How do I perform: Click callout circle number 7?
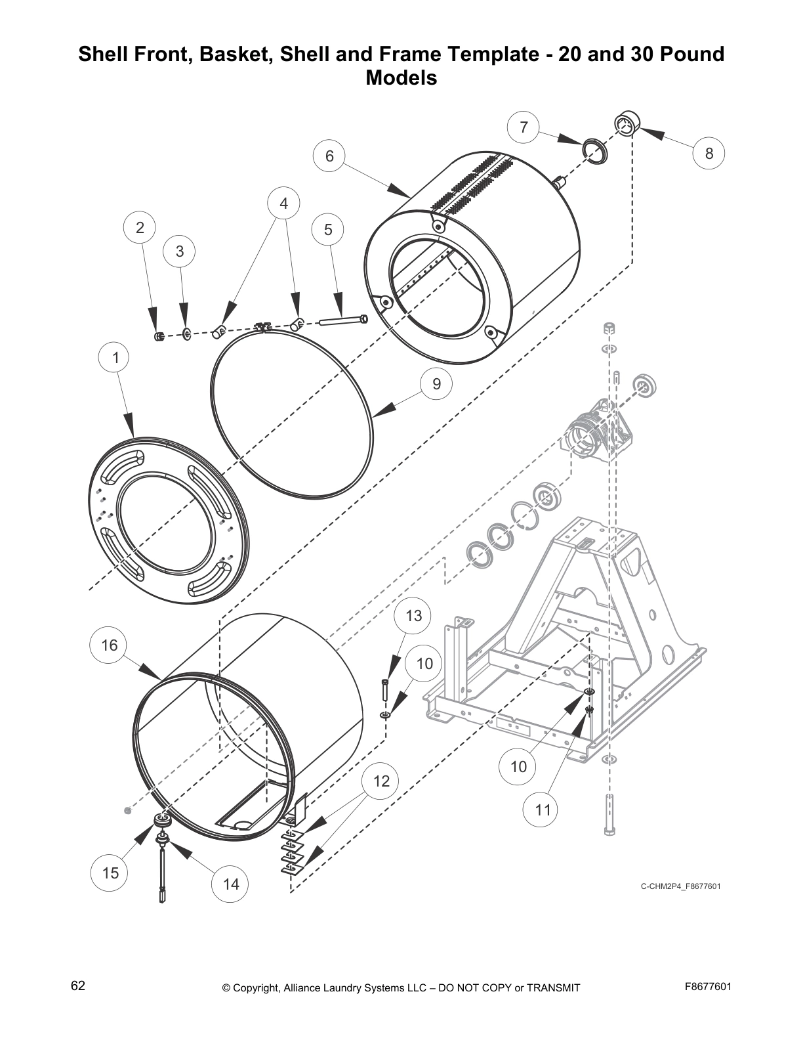click(x=524, y=127)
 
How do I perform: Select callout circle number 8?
click(x=709, y=154)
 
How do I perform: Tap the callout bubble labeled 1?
click(x=116, y=358)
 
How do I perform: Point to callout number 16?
click(x=109, y=645)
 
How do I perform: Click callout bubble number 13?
click(x=413, y=616)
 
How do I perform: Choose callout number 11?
click(x=543, y=810)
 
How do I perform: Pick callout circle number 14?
click(x=231, y=884)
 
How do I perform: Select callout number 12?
click(x=381, y=781)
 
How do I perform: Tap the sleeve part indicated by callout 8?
click(x=627, y=123)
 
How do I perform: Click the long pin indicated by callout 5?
click(x=343, y=321)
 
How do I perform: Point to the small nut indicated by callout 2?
click(x=157, y=337)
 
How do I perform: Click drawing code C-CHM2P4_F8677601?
click(x=680, y=886)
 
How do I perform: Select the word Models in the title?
click(x=401, y=78)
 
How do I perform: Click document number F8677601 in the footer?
click(x=707, y=987)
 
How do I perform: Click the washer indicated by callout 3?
click(x=187, y=334)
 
